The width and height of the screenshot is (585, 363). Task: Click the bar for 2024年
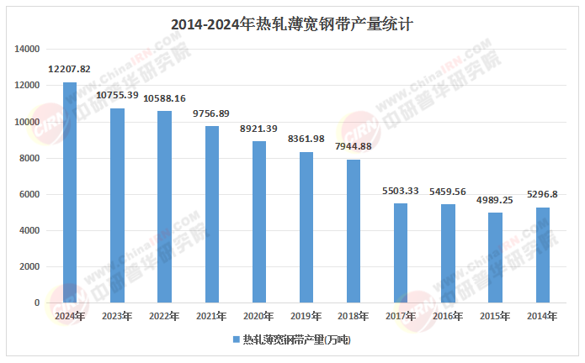70,192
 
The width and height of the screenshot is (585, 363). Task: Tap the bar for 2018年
354,231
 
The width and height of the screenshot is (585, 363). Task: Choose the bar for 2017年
401,253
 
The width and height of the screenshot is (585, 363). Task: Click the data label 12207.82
70,68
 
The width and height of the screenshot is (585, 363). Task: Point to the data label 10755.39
117,95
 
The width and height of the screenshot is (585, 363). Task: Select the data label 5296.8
543,194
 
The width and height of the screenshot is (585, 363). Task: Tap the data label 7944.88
354,146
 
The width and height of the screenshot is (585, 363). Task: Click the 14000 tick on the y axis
28,50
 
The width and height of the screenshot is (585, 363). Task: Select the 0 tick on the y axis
36,302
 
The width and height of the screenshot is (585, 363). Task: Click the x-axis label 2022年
164,316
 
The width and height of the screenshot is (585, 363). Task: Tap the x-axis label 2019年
306,316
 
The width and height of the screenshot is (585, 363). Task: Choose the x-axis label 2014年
543,316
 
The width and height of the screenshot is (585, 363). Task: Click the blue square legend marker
235,340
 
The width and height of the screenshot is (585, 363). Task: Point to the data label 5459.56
449,191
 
